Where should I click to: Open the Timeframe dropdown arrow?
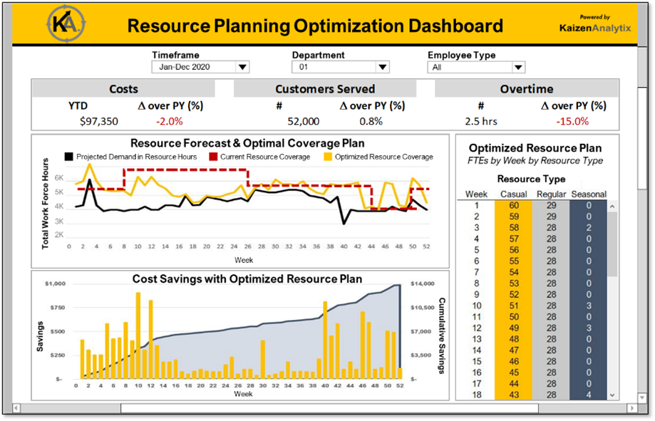tap(242, 68)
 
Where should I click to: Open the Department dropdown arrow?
tap(383, 68)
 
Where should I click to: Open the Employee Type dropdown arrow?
tap(518, 68)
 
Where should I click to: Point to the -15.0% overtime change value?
tap(573, 121)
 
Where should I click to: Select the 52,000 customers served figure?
tap(303, 121)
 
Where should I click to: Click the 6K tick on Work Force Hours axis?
tap(60, 178)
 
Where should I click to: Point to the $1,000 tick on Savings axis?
tap(55, 284)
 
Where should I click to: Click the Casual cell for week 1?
tap(515, 205)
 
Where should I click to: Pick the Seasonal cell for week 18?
tap(589, 395)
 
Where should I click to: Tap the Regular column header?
tap(552, 194)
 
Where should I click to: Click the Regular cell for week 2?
tap(552, 216)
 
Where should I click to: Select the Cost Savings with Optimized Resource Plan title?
tap(247, 279)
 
